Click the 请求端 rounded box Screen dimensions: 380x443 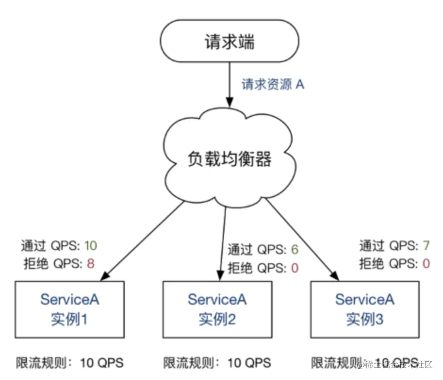(x=229, y=42)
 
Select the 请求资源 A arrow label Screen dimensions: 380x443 (x=273, y=85)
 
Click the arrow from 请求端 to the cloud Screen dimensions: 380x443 (x=230, y=85)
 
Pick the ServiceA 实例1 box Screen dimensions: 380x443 (x=70, y=309)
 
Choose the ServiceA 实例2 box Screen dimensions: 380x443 (x=217, y=309)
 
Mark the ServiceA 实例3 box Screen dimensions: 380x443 (x=365, y=309)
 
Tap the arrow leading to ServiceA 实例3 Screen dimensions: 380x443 (x=302, y=239)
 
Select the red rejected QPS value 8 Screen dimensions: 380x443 (x=90, y=264)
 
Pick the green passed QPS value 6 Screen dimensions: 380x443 (x=295, y=249)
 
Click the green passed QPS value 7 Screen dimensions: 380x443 (x=426, y=246)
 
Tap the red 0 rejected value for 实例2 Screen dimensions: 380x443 (x=295, y=268)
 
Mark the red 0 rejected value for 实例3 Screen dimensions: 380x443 (x=426, y=264)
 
